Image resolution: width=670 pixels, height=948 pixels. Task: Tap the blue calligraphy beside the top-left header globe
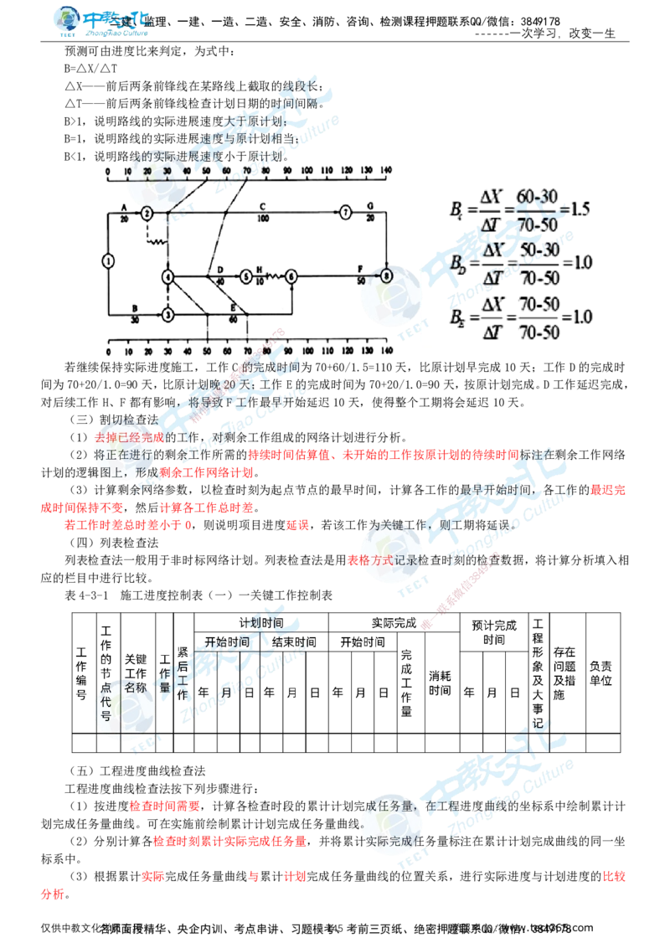[x=117, y=18]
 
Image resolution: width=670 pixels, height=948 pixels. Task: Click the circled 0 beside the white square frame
[x=386, y=276]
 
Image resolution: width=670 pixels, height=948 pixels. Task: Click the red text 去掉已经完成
[x=130, y=437]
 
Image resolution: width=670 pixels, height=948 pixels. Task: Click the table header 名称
[x=133, y=686]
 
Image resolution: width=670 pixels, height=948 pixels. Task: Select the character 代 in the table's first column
[x=106, y=702]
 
